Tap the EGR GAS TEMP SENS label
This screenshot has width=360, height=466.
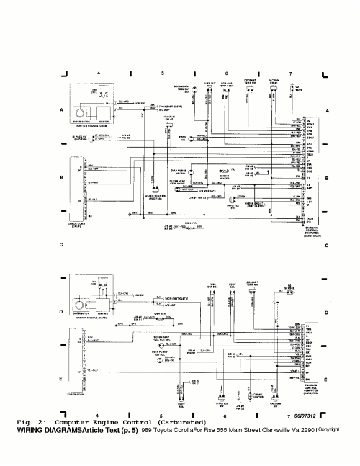226,84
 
